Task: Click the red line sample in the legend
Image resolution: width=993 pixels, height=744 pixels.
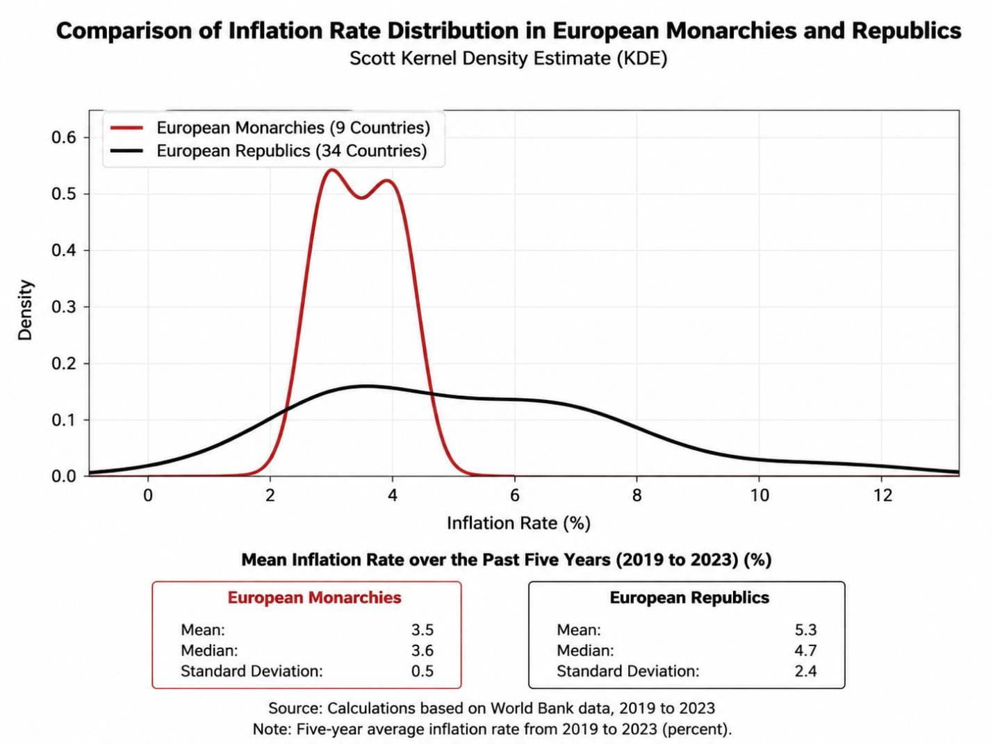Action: pos(126,128)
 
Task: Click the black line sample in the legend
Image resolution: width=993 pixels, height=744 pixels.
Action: pos(126,151)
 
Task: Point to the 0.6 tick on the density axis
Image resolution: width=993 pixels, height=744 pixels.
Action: pos(86,138)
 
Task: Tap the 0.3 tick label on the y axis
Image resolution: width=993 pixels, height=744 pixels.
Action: pos(64,307)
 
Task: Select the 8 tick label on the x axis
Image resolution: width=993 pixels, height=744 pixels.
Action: pos(637,496)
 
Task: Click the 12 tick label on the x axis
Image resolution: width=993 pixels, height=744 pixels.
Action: pos(882,496)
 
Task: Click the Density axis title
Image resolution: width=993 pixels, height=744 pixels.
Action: pos(25,310)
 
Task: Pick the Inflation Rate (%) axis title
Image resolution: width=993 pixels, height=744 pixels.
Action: pos(518,523)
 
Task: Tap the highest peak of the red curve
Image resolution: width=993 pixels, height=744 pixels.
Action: pos(331,170)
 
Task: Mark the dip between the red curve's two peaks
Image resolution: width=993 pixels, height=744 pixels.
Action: pos(361,198)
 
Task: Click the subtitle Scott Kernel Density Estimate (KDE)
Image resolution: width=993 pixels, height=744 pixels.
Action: pos(509,59)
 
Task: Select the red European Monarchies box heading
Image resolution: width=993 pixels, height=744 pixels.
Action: pos(314,597)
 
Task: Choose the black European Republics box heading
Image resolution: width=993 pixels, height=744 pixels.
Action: pos(689,597)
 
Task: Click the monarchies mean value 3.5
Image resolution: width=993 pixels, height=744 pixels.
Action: pos(422,629)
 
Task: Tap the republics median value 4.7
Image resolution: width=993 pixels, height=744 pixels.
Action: pos(805,650)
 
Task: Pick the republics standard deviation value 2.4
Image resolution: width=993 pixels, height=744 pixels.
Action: pos(805,671)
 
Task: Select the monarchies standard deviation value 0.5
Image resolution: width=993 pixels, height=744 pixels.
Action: pos(422,671)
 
